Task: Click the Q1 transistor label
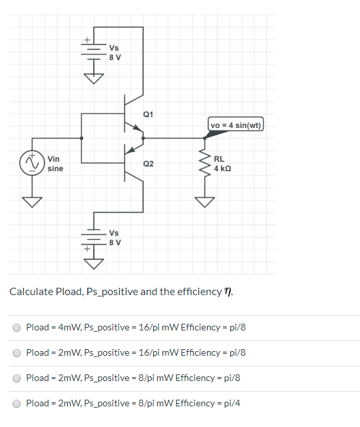click(148, 115)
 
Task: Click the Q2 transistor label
click(148, 163)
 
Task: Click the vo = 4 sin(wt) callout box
click(236, 125)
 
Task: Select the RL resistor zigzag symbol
click(205, 163)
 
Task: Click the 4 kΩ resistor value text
click(223, 169)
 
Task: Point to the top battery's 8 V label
click(114, 57)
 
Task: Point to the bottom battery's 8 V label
click(114, 242)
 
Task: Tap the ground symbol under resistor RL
click(205, 201)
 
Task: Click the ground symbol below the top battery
click(94, 79)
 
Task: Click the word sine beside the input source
click(55, 169)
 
